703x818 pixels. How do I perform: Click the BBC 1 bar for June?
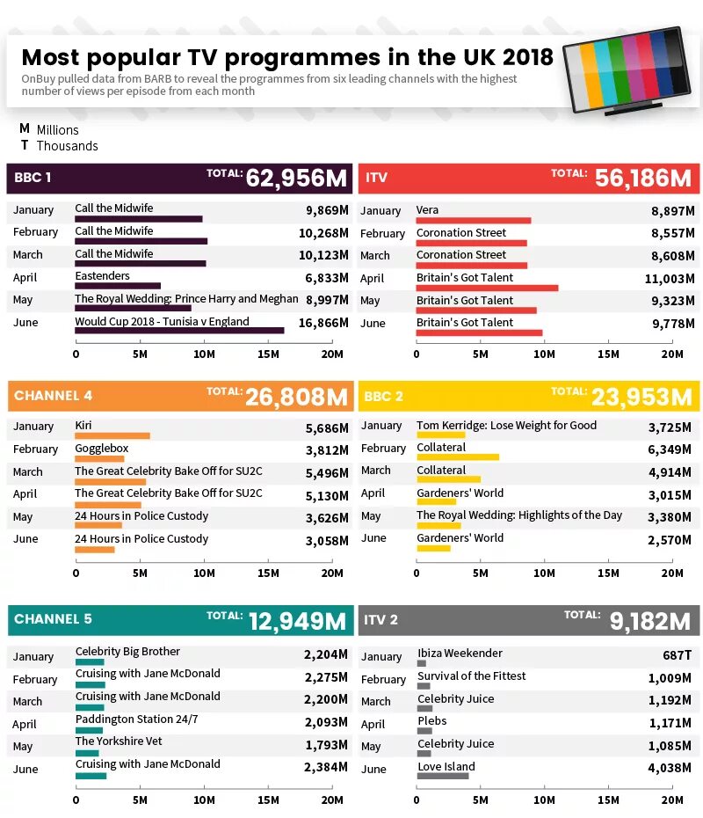180,330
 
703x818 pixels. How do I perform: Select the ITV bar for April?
487,288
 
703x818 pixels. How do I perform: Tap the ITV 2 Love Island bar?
443,776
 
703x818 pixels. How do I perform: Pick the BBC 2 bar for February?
458,457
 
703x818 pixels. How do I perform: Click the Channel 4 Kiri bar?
112,435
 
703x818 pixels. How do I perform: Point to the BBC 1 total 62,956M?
296,178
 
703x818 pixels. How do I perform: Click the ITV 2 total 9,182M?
650,621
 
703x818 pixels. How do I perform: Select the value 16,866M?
323,323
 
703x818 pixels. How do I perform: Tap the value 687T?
677,654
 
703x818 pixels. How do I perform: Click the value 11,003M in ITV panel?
670,279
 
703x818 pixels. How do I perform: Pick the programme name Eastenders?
102,275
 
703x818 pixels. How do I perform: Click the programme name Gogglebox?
102,449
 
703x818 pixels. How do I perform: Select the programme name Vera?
427,209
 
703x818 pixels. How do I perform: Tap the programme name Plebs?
432,720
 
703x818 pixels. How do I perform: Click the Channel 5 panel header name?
53,618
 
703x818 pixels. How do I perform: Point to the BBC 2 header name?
383,397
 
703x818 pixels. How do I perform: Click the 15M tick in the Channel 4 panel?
268,573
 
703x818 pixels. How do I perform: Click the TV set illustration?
628,70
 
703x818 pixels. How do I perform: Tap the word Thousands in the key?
68,146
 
